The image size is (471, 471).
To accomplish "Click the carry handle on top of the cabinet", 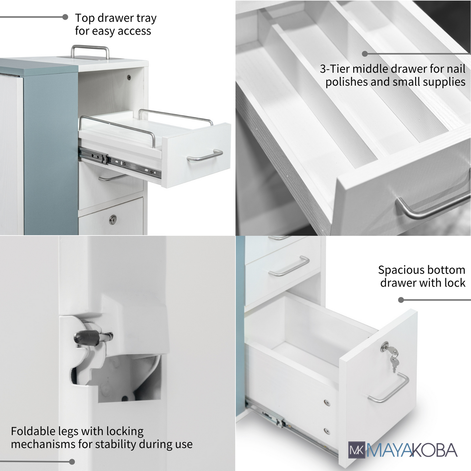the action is point(90,47).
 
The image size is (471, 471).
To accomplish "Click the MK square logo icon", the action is point(357,450).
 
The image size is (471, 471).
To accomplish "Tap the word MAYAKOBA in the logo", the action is point(412,450).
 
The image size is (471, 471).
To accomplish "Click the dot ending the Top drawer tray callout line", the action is point(65,17).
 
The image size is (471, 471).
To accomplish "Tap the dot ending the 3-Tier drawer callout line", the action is point(365,54).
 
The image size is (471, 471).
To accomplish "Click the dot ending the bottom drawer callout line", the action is point(401,300).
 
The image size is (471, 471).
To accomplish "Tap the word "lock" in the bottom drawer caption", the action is point(455,283).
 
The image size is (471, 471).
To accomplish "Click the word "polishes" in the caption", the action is point(346,82).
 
